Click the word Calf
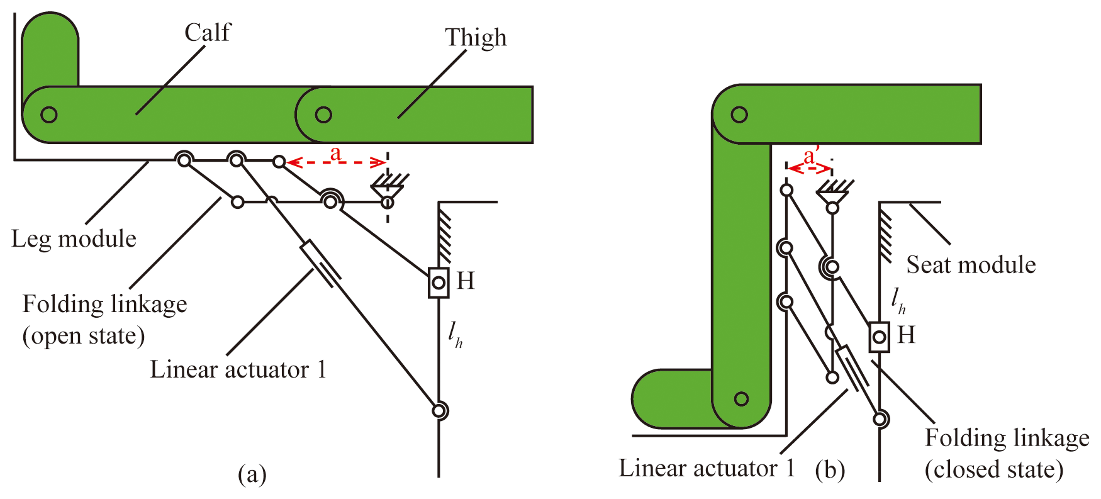tap(208, 33)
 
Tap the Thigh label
tap(476, 38)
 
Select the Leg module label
tap(74, 239)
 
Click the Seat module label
tap(970, 265)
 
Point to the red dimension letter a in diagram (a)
tap(335, 152)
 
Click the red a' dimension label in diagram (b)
tap(811, 156)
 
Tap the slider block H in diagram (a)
tap(439, 283)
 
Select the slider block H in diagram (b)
tap(879, 337)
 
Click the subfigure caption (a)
tap(252, 474)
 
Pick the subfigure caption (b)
tap(830, 470)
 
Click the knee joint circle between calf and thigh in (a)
tap(323, 115)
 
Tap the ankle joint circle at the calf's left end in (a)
tap(49, 115)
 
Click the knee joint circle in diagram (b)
tap(739, 115)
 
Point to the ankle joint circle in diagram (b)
tap(741, 399)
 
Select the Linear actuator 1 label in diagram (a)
tap(238, 369)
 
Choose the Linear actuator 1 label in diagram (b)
tap(707, 468)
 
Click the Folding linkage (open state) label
tap(104, 320)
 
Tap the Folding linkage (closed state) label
tap(1007, 453)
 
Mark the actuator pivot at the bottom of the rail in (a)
tap(439, 411)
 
